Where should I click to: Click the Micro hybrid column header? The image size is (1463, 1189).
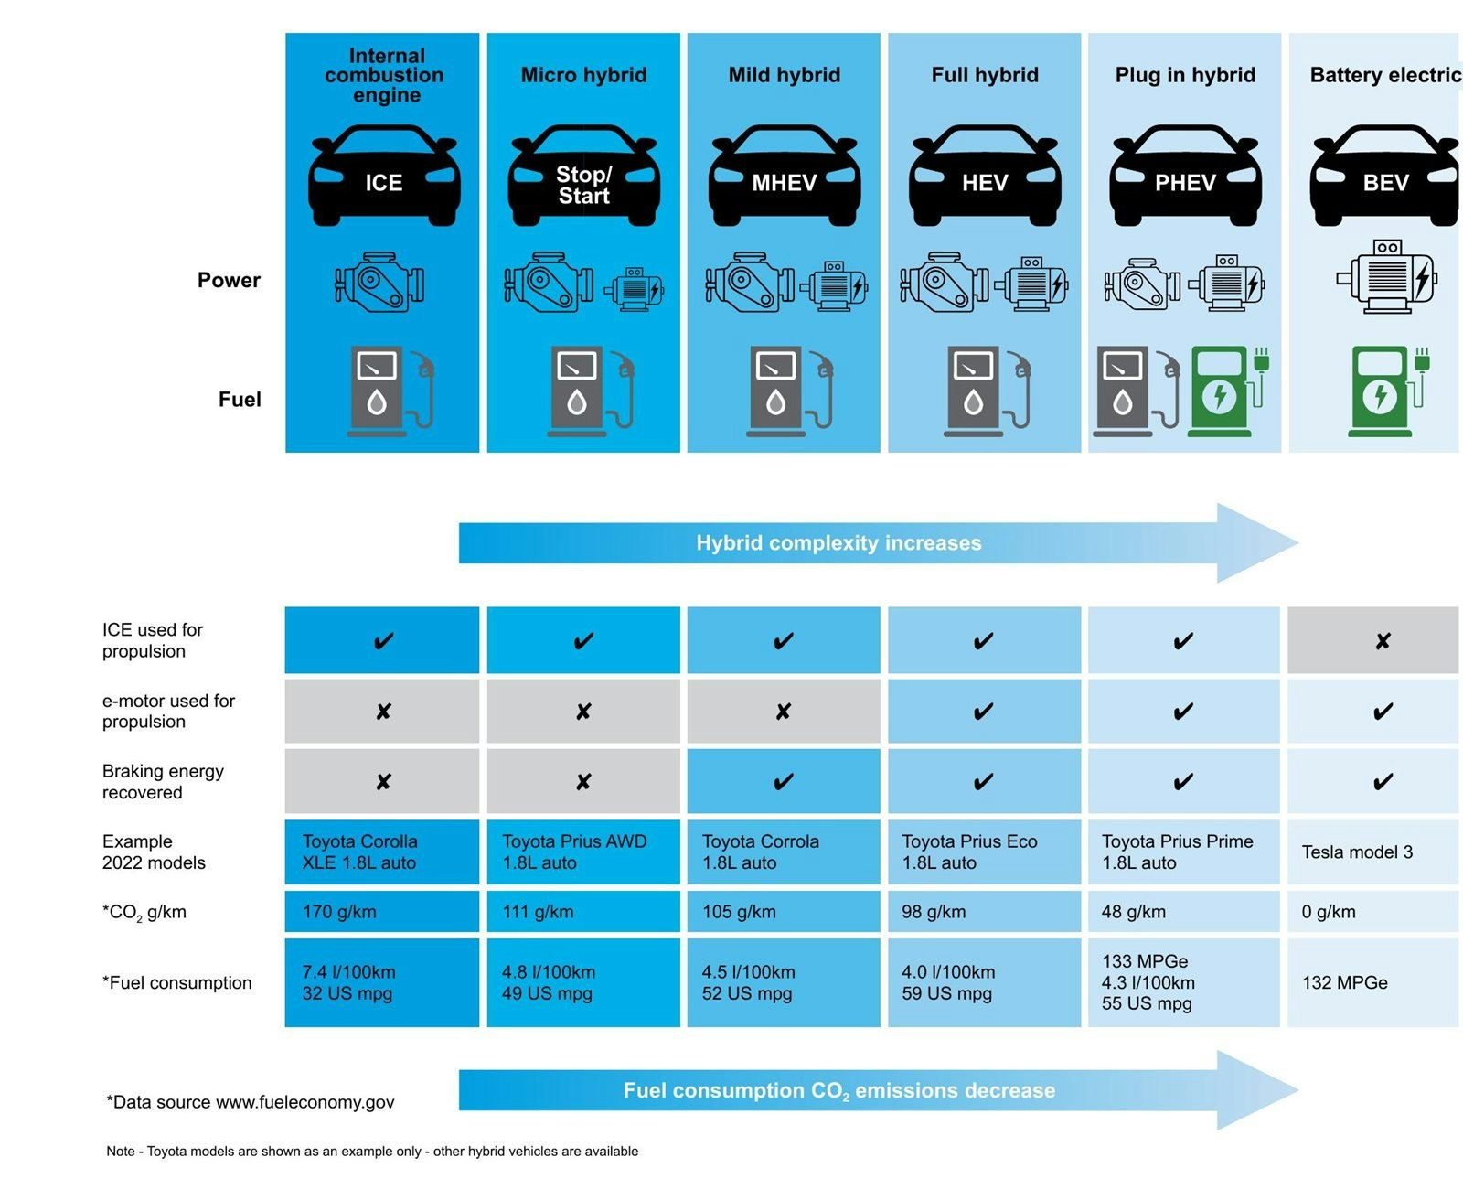[583, 75]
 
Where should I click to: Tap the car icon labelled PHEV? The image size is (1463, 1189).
[1185, 177]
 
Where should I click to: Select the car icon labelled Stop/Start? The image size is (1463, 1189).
[583, 177]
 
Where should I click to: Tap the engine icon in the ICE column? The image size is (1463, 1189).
[379, 283]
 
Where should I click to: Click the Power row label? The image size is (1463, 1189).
[229, 280]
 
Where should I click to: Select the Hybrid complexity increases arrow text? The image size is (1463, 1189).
[838, 543]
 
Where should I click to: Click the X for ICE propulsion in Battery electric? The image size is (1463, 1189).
[1383, 641]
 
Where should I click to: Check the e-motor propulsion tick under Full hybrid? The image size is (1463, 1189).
[983, 712]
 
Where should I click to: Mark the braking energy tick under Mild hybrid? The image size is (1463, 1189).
[783, 782]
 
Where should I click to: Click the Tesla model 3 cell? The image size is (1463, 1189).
[1357, 852]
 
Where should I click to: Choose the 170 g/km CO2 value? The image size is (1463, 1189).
[339, 912]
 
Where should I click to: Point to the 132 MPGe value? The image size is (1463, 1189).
[1345, 983]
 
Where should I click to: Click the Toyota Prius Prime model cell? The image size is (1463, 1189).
[1177, 852]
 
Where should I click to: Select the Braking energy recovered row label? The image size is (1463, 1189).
[163, 782]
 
